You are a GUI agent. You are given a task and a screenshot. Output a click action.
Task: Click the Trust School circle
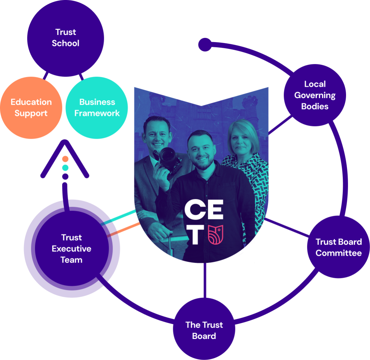point(65,38)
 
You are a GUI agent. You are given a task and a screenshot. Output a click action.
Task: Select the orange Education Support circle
point(31,108)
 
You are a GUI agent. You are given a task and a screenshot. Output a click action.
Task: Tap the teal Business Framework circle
point(97,108)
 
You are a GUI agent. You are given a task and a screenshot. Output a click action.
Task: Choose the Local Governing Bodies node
point(315,95)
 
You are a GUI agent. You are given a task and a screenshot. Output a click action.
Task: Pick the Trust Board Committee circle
point(338,247)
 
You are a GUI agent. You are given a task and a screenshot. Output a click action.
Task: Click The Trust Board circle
point(204,330)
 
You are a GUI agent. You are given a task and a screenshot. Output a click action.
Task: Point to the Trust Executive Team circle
point(72,248)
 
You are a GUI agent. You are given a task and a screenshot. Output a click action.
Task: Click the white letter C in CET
point(194,211)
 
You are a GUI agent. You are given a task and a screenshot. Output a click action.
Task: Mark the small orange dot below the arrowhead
point(65,159)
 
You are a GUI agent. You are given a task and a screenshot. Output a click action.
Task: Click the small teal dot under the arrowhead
point(65,168)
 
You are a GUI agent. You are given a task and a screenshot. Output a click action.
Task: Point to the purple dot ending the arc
point(205,45)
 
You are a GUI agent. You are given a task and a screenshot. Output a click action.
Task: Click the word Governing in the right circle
point(315,95)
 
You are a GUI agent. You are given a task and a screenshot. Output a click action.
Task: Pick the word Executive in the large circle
point(72,249)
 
